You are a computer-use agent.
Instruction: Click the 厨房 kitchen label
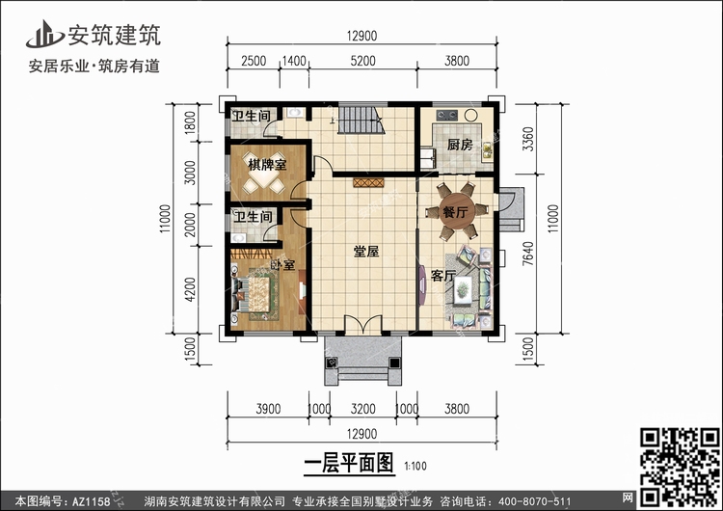pyautogui.click(x=459, y=145)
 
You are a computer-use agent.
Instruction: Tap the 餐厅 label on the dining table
pyautogui.click(x=455, y=211)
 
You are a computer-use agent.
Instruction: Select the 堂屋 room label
pyautogui.click(x=365, y=252)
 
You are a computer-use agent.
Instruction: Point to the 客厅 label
pyautogui.click(x=442, y=277)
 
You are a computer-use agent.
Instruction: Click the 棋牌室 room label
pyautogui.click(x=266, y=165)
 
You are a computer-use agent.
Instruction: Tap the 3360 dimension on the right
pyautogui.click(x=528, y=145)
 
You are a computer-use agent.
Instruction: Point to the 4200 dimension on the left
pyautogui.click(x=191, y=288)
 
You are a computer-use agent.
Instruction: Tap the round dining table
pyautogui.click(x=455, y=214)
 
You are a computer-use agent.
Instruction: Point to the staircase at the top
pyautogui.click(x=360, y=123)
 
